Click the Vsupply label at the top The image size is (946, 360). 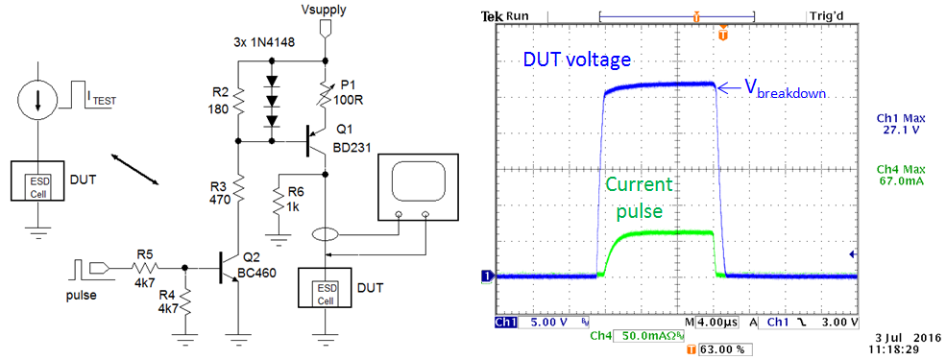pos(322,9)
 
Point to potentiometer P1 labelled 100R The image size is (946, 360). pos(327,89)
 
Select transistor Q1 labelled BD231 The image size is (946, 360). pos(315,141)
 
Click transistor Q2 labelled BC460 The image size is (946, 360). pos(230,263)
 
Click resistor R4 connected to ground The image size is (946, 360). pos(185,302)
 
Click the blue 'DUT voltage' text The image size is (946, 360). pos(576,60)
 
